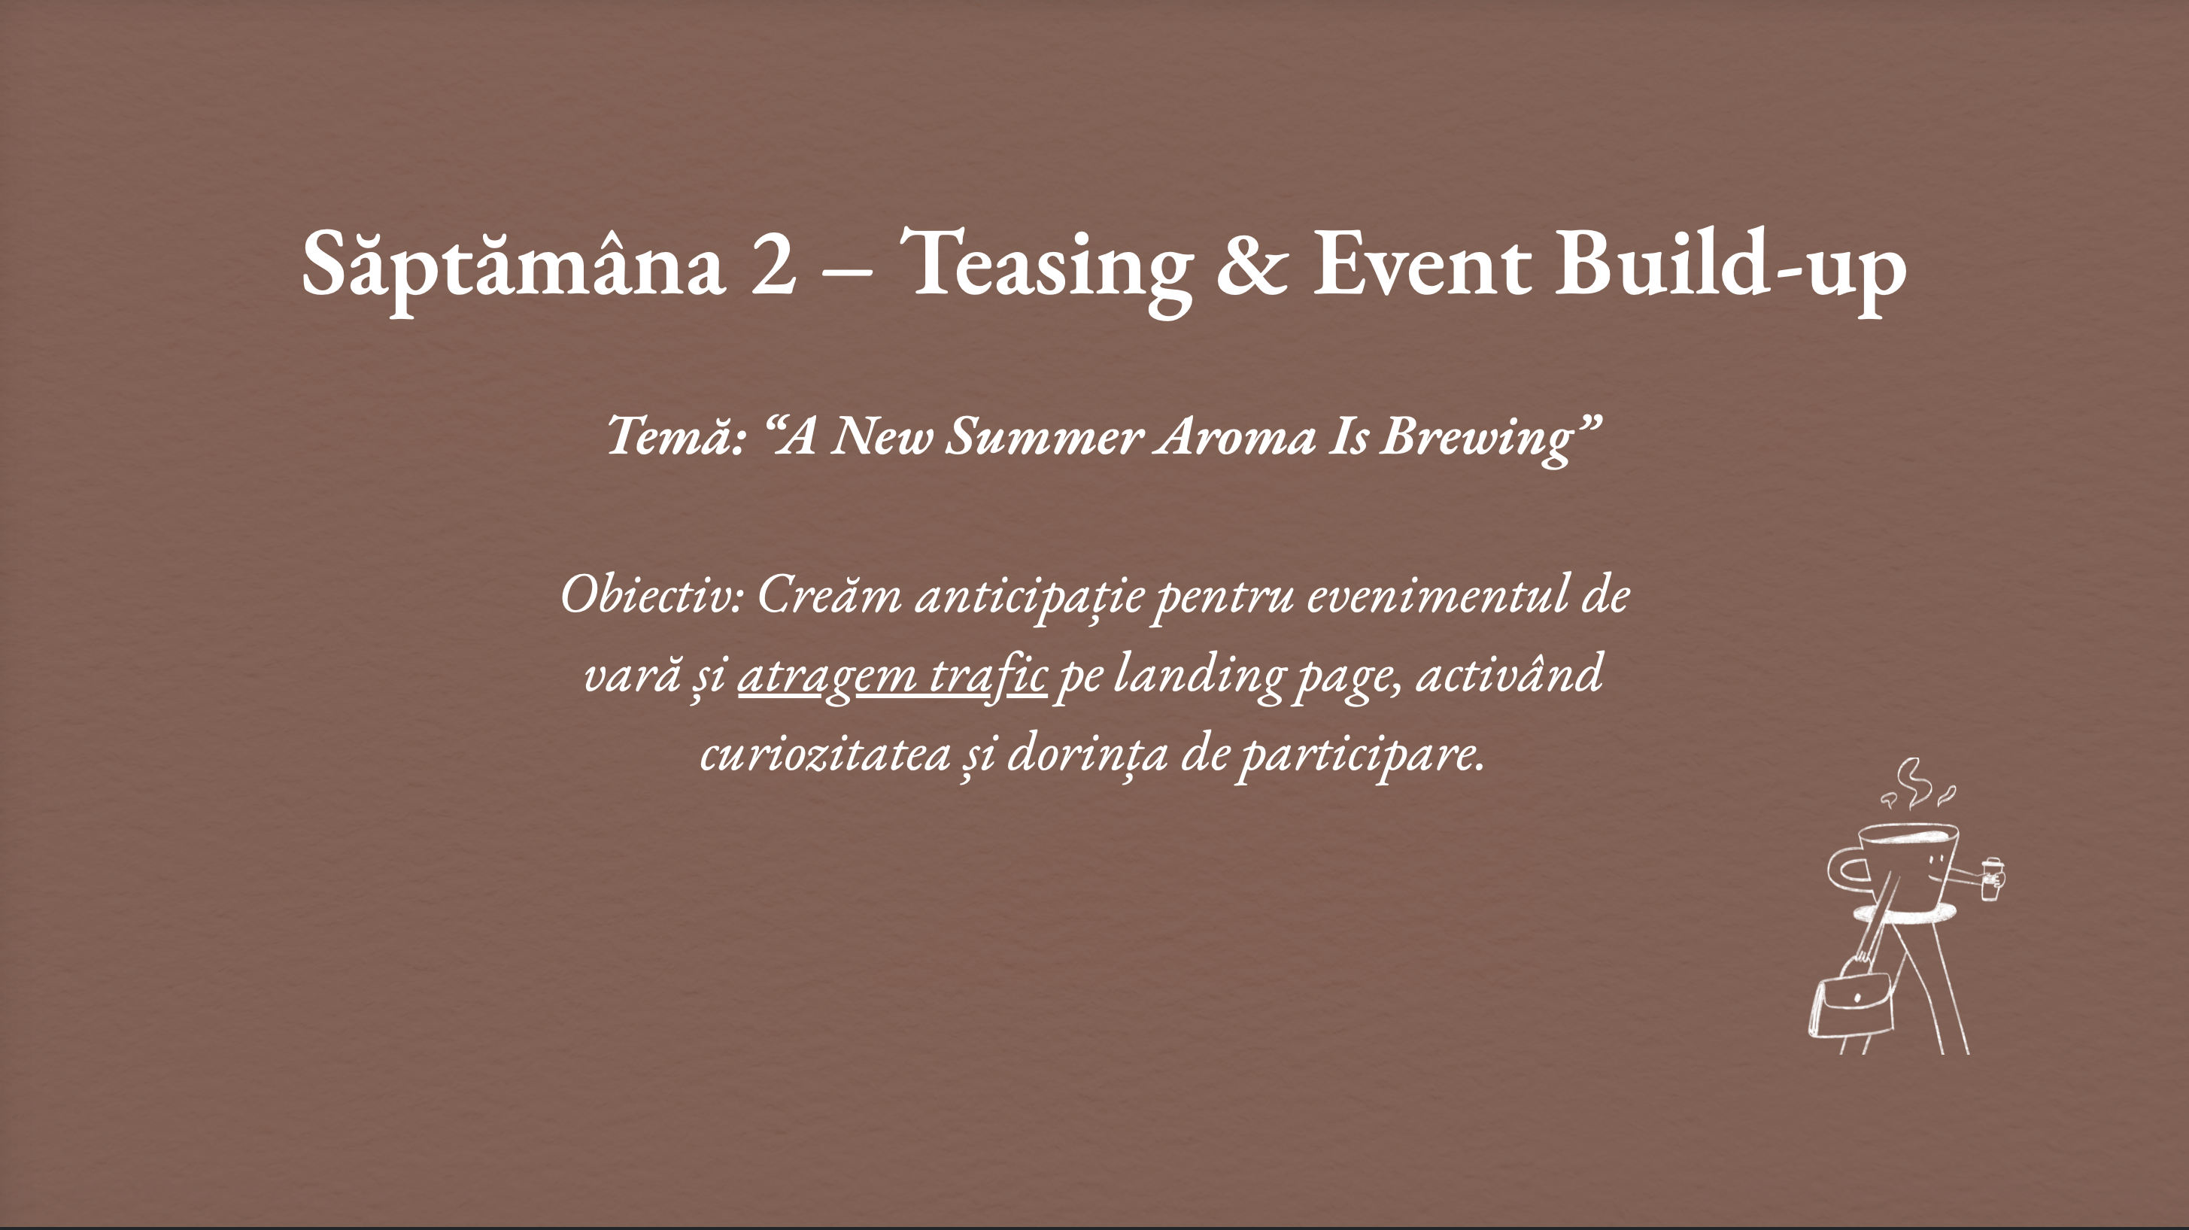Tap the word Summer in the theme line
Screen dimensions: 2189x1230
[1044, 436]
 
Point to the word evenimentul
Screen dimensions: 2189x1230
[1436, 595]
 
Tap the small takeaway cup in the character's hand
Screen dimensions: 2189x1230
[1991, 878]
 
